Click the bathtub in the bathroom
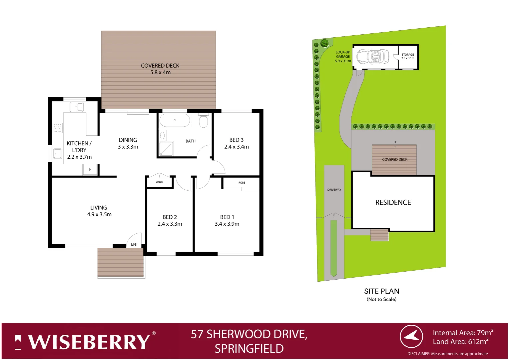click(x=175, y=120)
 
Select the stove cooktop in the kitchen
click(x=57, y=128)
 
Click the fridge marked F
click(x=90, y=169)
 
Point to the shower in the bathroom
click(x=166, y=149)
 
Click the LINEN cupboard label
click(x=160, y=182)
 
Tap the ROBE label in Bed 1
click(x=242, y=183)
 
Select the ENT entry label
click(x=135, y=244)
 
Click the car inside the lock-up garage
click(x=373, y=57)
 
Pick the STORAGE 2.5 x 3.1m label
click(x=408, y=56)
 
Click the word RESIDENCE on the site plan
click(x=393, y=202)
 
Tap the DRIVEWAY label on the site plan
click(x=334, y=190)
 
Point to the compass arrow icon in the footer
click(x=411, y=336)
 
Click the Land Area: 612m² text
click(x=460, y=342)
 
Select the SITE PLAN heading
click(x=381, y=291)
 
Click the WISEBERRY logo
click(x=85, y=342)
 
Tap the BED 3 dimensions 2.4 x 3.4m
click(x=237, y=147)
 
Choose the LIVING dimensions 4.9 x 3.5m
click(x=99, y=214)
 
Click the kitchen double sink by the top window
click(x=77, y=107)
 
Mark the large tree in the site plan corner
click(x=324, y=43)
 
